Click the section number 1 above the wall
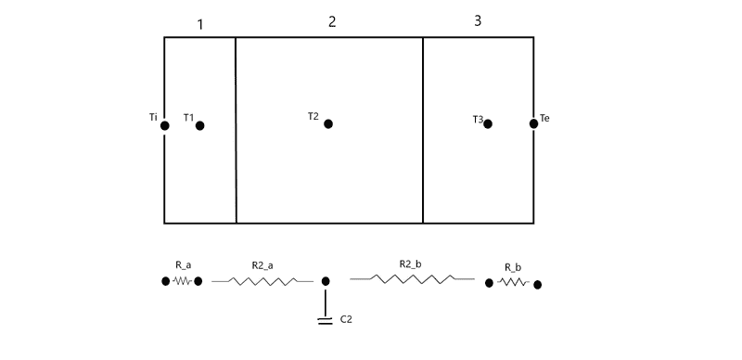[200, 25]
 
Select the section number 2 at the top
[332, 21]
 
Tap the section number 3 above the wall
[478, 20]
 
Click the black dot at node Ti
[165, 125]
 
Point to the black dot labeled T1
[200, 125]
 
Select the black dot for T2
[328, 123]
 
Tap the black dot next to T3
[488, 123]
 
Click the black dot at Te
[534, 123]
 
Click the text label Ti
[153, 118]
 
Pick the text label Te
[544, 118]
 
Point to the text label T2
[313, 116]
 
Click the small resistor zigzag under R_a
[182, 281]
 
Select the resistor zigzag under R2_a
[262, 281]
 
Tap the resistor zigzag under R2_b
[412, 279]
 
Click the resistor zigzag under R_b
[513, 282]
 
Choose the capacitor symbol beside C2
[326, 321]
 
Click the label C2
[346, 319]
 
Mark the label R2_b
[410, 264]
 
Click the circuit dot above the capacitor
[326, 281]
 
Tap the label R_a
[183, 265]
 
